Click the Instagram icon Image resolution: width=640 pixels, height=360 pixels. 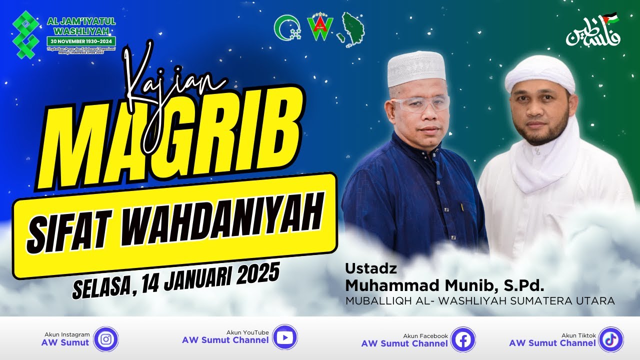(106, 339)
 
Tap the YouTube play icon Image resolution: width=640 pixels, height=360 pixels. (284, 337)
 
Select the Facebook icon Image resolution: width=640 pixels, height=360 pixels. (463, 340)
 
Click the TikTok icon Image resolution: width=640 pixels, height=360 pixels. (611, 339)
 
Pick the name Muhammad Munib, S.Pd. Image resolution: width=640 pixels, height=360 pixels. (444, 286)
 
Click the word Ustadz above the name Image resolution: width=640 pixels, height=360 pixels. (371, 268)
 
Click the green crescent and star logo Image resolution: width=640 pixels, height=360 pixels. (287, 27)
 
